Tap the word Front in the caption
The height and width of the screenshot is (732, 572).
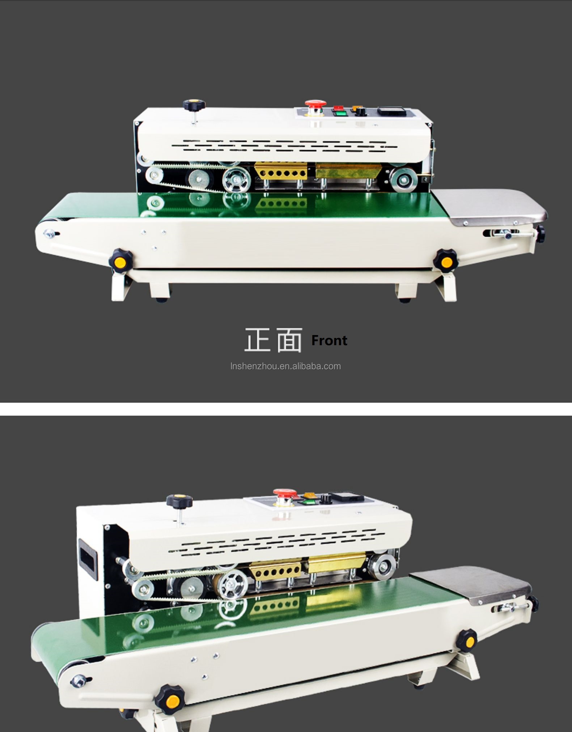pos(329,340)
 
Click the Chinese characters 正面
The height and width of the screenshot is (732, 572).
pos(273,340)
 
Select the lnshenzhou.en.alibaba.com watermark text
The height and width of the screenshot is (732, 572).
pos(286,366)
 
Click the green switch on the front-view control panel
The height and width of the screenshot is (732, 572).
pos(339,113)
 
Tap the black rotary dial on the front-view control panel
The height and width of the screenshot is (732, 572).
pos(360,111)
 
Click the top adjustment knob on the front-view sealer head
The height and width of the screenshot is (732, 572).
pos(194,106)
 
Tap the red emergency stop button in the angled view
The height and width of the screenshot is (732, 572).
pos(285,493)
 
